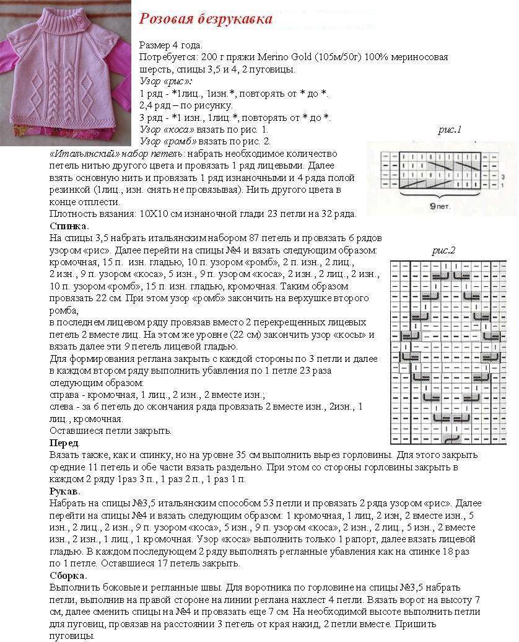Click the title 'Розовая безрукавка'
(x=205, y=19)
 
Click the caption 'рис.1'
(x=450, y=130)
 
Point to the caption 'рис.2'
(x=443, y=250)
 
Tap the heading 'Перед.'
(x=64, y=442)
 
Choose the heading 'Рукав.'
(x=64, y=491)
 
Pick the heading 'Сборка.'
(x=68, y=575)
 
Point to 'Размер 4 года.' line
(x=171, y=45)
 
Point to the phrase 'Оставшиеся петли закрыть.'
(x=111, y=431)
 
